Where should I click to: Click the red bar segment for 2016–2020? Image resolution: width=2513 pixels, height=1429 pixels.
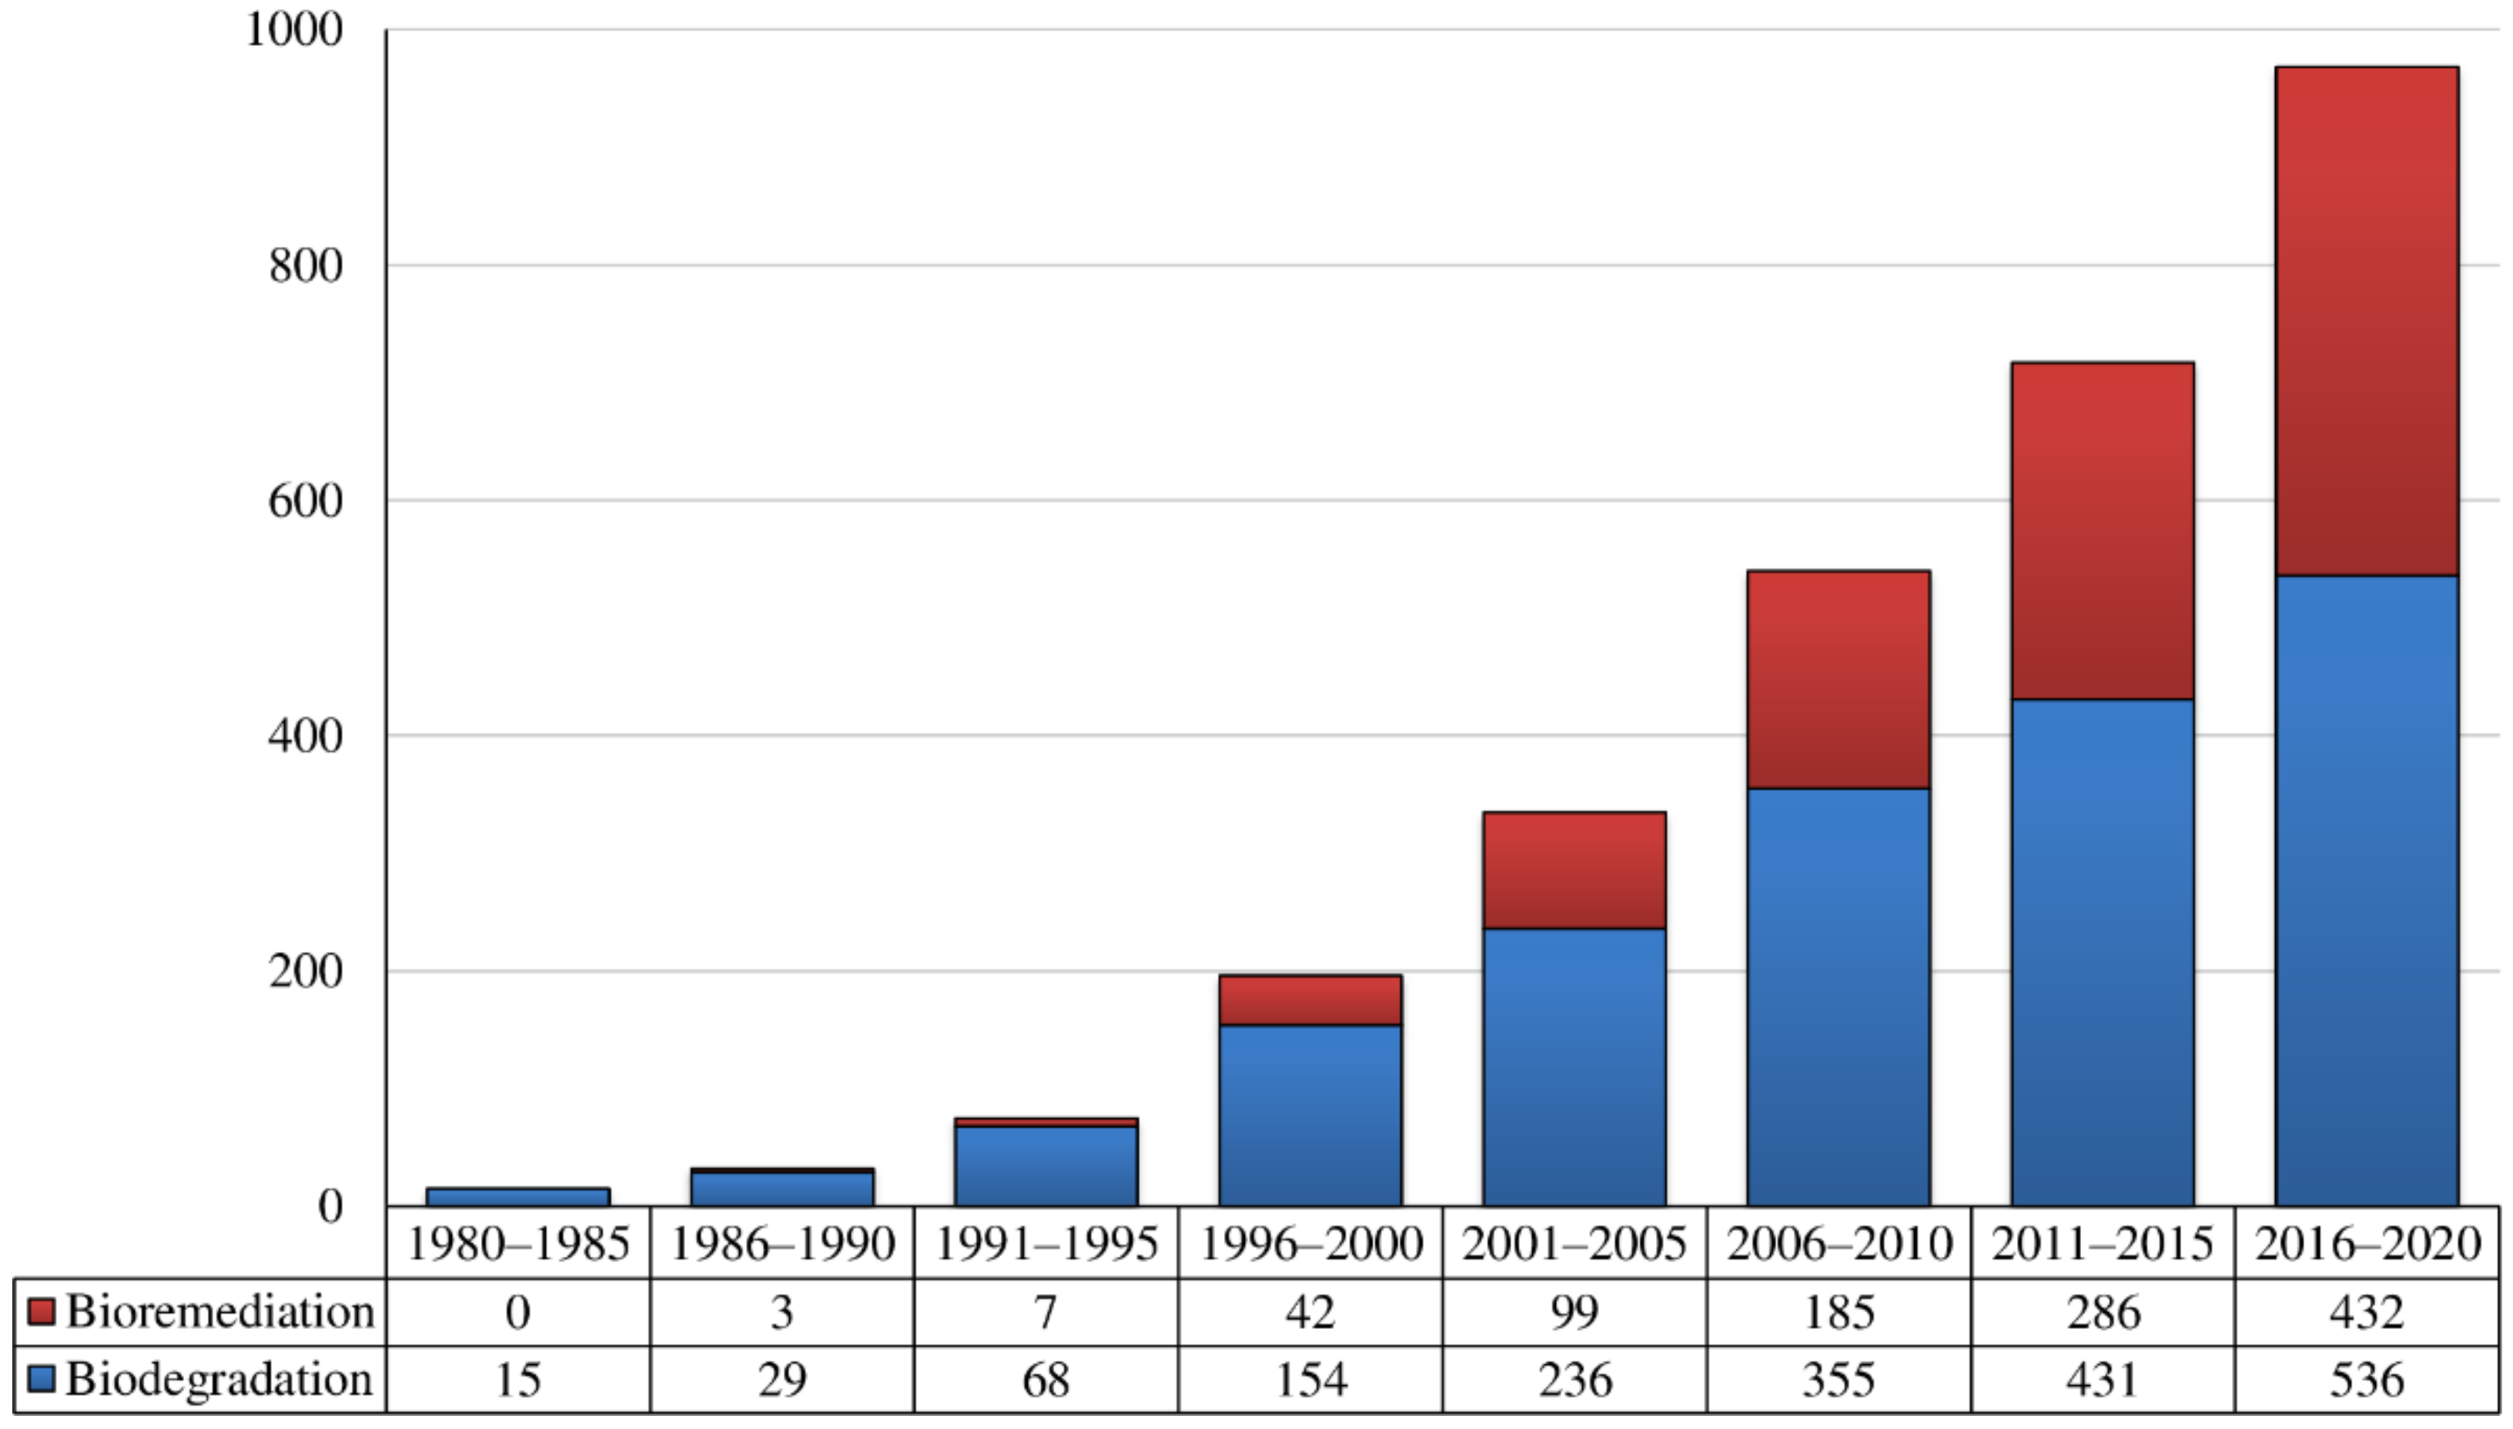coord(2366,321)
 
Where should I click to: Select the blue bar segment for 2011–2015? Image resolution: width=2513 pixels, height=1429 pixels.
coord(2102,952)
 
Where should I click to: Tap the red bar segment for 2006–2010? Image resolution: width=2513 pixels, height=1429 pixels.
coord(1838,679)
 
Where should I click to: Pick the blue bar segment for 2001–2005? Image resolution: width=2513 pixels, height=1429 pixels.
coord(1574,1067)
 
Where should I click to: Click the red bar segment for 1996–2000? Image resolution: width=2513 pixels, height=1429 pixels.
coord(1310,1000)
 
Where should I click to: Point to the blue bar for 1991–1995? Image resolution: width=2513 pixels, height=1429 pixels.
coord(1046,1166)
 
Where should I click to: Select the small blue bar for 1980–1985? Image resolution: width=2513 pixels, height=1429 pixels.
coord(517,1197)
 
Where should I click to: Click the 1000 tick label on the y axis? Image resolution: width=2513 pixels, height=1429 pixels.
coord(293,29)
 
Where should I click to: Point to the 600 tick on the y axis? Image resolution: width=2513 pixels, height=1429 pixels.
coord(306,500)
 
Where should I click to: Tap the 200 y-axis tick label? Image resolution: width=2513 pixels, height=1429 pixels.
coord(306,970)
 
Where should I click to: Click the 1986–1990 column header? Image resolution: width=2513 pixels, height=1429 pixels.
coord(781,1244)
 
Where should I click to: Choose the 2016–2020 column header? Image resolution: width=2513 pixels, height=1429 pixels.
coord(2366,1244)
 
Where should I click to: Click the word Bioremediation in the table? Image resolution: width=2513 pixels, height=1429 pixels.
coord(220,1312)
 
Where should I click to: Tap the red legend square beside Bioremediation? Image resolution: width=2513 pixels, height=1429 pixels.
coord(42,1311)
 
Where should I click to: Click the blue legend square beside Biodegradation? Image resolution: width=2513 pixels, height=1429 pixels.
coord(42,1379)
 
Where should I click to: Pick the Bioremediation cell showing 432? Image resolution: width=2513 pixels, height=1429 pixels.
coord(2366,1312)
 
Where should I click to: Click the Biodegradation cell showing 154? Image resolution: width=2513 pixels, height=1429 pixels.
coord(1310,1380)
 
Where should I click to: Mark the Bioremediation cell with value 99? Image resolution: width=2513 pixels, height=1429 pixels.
coord(1574,1312)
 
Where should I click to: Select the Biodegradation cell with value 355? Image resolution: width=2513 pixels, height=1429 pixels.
coord(1838,1380)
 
